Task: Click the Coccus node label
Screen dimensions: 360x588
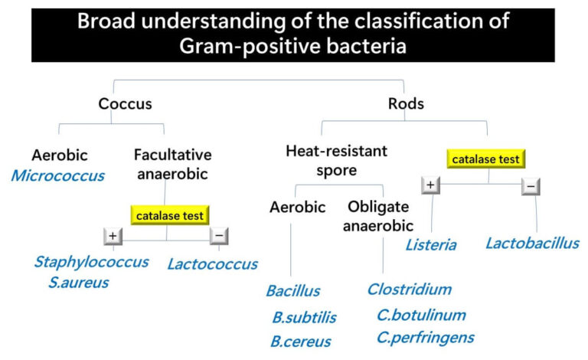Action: [125, 103]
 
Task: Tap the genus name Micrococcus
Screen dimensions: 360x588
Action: [57, 176]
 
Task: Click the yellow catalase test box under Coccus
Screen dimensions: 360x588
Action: [170, 215]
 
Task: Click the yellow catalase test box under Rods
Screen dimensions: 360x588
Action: [485, 159]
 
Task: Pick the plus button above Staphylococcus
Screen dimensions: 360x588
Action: [113, 236]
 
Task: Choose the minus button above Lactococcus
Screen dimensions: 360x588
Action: [219, 236]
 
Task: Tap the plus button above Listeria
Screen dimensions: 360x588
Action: [430, 185]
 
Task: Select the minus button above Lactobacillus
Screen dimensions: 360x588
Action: [531, 185]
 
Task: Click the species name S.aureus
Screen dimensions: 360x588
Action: [75, 283]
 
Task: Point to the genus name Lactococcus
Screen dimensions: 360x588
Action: [212, 264]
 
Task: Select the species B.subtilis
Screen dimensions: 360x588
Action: [304, 317]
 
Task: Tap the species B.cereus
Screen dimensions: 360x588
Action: [300, 342]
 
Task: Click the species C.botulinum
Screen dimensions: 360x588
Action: [421, 315]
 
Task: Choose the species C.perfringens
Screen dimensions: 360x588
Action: [425, 337]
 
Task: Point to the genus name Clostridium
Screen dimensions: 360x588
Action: [409, 290]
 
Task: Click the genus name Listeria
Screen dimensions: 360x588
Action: [431, 245]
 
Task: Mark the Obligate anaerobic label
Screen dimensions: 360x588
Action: [379, 216]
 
